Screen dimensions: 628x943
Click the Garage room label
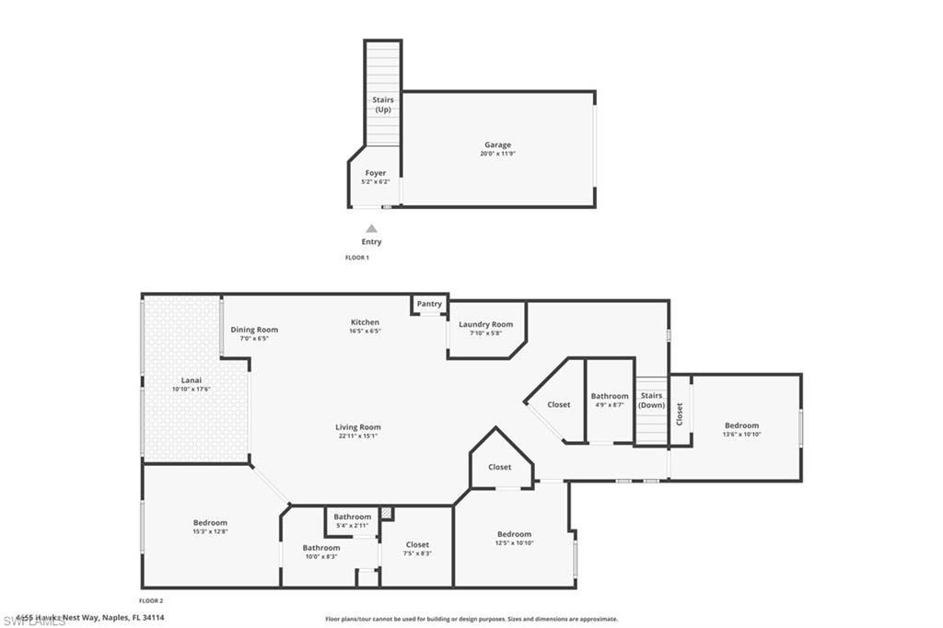[x=497, y=145]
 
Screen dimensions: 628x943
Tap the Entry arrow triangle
[x=371, y=228]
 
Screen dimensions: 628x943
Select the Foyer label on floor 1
[x=376, y=173]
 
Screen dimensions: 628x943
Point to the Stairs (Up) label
[x=383, y=104]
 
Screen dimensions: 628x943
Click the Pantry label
[x=429, y=304]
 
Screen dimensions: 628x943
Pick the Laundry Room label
[x=485, y=324]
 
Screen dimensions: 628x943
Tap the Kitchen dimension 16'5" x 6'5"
[x=366, y=331]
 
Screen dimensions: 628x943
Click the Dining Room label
[x=254, y=330]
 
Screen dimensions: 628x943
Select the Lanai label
[x=192, y=380]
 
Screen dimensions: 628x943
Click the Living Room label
[x=358, y=427]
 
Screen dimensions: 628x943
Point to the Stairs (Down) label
[x=652, y=401]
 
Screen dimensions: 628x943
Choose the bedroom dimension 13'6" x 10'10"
[x=741, y=435]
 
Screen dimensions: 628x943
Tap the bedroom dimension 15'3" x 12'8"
[x=210, y=532]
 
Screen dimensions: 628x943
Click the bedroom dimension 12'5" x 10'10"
[x=514, y=543]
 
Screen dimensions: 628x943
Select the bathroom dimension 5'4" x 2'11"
[x=353, y=526]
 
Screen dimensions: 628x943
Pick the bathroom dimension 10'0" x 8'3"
[x=321, y=557]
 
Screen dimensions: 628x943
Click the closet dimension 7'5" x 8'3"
[x=417, y=553]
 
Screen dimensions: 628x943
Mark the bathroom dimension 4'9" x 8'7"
[x=610, y=405]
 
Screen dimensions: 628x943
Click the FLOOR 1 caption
[x=356, y=258]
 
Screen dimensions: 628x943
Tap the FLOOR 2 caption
[x=150, y=600]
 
